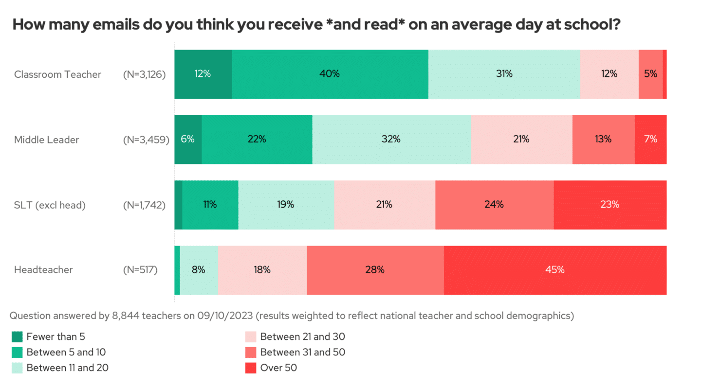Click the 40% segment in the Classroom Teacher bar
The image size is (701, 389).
coord(330,74)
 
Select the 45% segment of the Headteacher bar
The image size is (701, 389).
coord(555,270)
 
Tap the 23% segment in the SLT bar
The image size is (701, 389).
coord(610,205)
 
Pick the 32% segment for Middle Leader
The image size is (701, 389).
coord(391,140)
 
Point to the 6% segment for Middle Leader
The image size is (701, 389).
coord(188,140)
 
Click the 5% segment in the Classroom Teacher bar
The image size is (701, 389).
coord(650,74)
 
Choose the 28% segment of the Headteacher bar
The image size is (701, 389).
coord(375,270)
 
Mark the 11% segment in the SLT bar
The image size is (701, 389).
coord(210,205)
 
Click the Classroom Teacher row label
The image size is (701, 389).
coord(57,74)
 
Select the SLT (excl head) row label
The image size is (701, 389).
coord(50,205)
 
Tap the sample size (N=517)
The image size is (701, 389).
coord(140,270)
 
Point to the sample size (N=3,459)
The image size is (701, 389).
coord(146,140)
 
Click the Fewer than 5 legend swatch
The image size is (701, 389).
coord(17,336)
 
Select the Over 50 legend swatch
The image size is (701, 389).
coord(251,368)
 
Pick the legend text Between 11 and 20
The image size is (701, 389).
coord(67,368)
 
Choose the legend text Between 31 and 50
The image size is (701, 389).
coord(302,352)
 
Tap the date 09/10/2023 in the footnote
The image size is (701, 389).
coord(225,316)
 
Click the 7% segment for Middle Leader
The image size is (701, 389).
coord(650,140)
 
